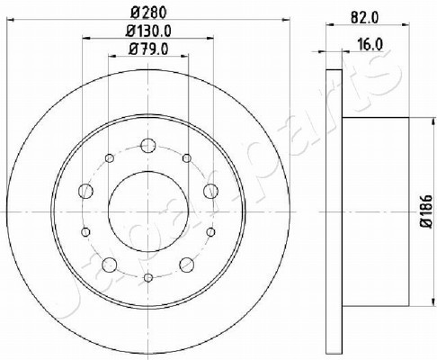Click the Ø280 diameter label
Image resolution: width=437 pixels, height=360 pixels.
tap(148, 13)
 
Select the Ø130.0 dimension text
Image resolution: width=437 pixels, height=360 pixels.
tap(148, 31)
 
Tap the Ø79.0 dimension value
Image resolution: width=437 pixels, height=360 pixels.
tap(148, 49)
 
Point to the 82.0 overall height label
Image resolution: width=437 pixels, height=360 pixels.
tap(365, 18)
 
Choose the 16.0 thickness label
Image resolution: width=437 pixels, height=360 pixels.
tap(370, 45)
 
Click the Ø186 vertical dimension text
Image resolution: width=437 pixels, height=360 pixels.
tap(426, 211)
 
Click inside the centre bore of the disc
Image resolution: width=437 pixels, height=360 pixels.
tap(148, 211)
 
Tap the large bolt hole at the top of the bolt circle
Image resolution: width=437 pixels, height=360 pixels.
tap(148, 146)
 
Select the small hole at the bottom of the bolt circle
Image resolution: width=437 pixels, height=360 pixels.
tap(148, 278)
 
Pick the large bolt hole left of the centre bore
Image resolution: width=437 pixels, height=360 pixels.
tap(85, 191)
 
